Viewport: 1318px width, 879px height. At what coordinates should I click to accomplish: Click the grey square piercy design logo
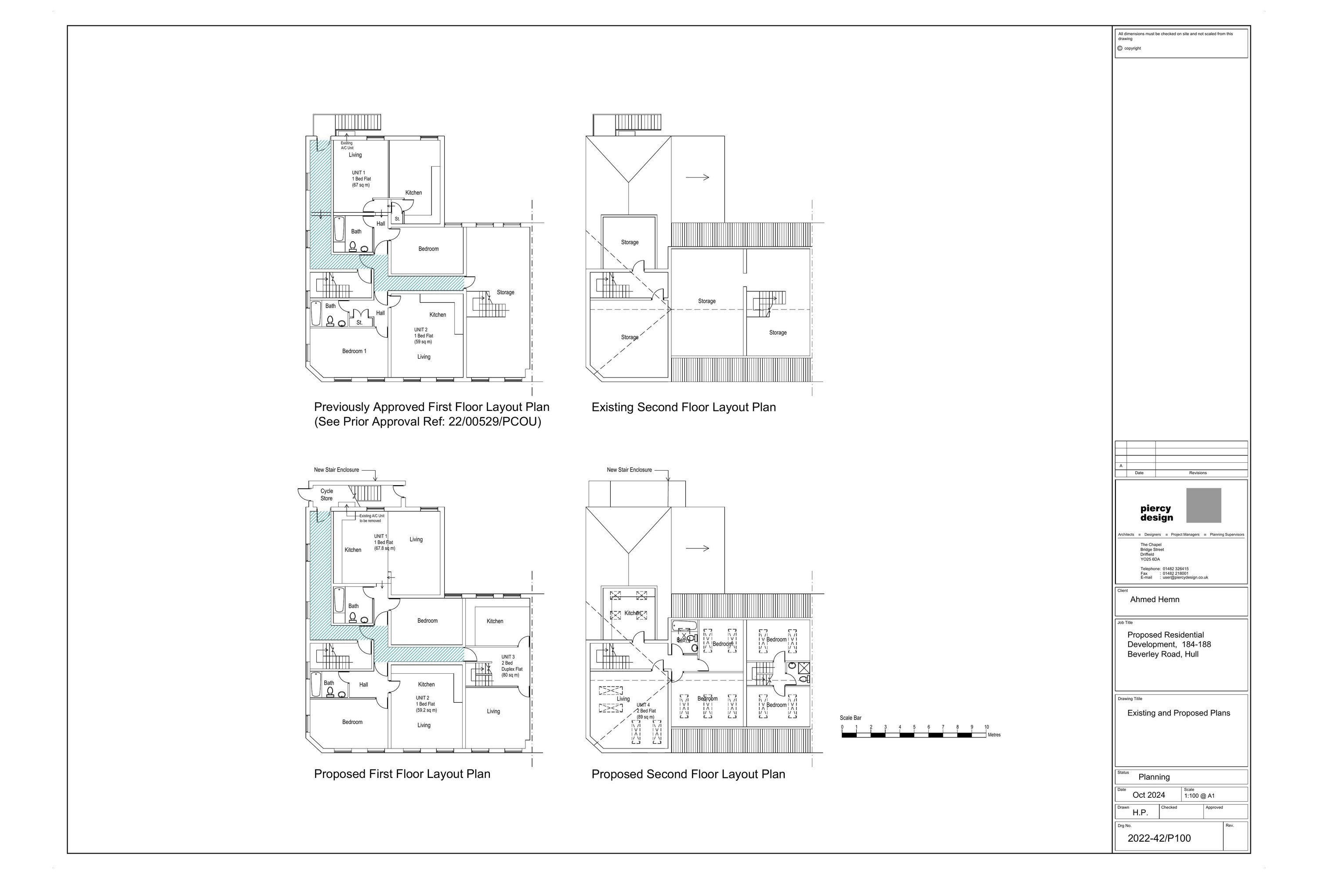pos(1203,505)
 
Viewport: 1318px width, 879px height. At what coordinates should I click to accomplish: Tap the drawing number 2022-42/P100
pos(1159,838)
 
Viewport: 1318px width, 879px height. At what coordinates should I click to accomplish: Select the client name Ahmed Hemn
pos(1155,599)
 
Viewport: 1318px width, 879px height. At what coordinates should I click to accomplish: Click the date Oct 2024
pos(1148,795)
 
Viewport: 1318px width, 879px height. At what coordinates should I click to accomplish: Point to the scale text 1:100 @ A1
pos(1199,795)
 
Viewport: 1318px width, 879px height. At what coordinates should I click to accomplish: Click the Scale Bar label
pos(850,718)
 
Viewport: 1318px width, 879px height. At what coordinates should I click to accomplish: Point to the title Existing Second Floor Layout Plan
pos(683,407)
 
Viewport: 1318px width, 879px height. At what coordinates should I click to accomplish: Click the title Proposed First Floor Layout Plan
pos(402,774)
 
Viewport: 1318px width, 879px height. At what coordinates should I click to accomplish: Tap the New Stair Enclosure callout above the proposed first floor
pos(336,470)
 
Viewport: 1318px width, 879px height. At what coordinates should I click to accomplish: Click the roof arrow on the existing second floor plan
pos(697,177)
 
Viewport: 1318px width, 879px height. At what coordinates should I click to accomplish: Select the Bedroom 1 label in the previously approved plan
pos(354,351)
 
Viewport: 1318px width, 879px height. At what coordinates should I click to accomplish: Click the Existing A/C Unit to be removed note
pos(372,518)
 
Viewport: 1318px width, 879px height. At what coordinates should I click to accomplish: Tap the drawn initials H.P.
pos(1140,812)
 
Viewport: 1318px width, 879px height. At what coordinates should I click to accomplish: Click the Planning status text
pos(1154,777)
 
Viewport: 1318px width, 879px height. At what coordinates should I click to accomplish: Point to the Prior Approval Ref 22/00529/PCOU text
pos(427,422)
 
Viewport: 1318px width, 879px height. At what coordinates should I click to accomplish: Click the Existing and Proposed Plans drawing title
pos(1178,713)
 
